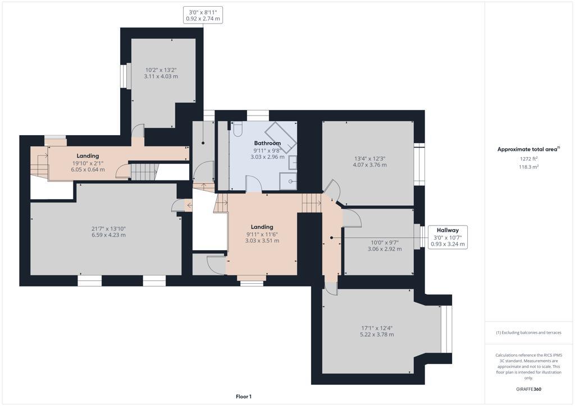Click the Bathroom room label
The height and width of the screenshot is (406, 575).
(x=267, y=143)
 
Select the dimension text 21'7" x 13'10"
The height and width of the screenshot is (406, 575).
(x=108, y=228)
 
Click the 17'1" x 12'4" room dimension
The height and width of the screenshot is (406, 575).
(x=377, y=328)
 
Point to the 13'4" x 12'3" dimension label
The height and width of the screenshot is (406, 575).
(x=369, y=158)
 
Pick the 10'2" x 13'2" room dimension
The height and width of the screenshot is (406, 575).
(x=161, y=70)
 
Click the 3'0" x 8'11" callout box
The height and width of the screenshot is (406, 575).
(x=203, y=15)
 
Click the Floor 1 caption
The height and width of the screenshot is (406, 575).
(x=243, y=396)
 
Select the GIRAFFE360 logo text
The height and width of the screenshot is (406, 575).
(x=528, y=389)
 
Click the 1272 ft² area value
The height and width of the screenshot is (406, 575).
(x=528, y=159)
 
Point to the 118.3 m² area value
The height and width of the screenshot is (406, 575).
(x=528, y=167)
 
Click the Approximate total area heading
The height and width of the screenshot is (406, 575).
(x=528, y=149)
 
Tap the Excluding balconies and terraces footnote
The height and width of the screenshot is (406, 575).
(x=528, y=333)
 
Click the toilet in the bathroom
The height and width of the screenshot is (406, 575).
(x=238, y=130)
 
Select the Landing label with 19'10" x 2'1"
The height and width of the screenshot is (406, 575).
(x=88, y=156)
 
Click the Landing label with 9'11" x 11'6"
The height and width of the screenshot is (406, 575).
(x=262, y=227)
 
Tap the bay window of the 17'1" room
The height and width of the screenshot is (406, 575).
(x=446, y=329)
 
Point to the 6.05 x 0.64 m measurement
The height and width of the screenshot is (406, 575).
(x=88, y=169)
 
